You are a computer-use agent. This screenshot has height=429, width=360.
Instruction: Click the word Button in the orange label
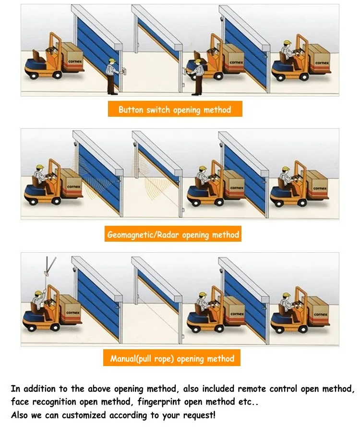pos(131,110)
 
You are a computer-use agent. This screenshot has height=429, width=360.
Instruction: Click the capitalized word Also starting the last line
pos(20,415)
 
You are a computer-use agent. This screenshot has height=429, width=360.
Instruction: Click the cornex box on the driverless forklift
pos(71,54)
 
